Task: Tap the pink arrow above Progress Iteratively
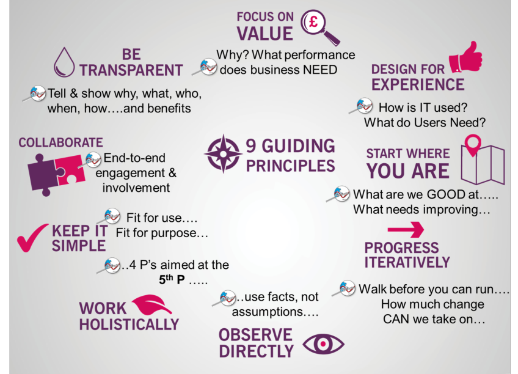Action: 406,230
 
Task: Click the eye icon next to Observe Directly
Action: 323,343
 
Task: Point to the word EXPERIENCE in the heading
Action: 418,84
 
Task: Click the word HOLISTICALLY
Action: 128,324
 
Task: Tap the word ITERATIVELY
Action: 407,262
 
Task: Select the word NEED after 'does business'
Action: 319,70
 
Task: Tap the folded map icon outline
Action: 483,166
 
